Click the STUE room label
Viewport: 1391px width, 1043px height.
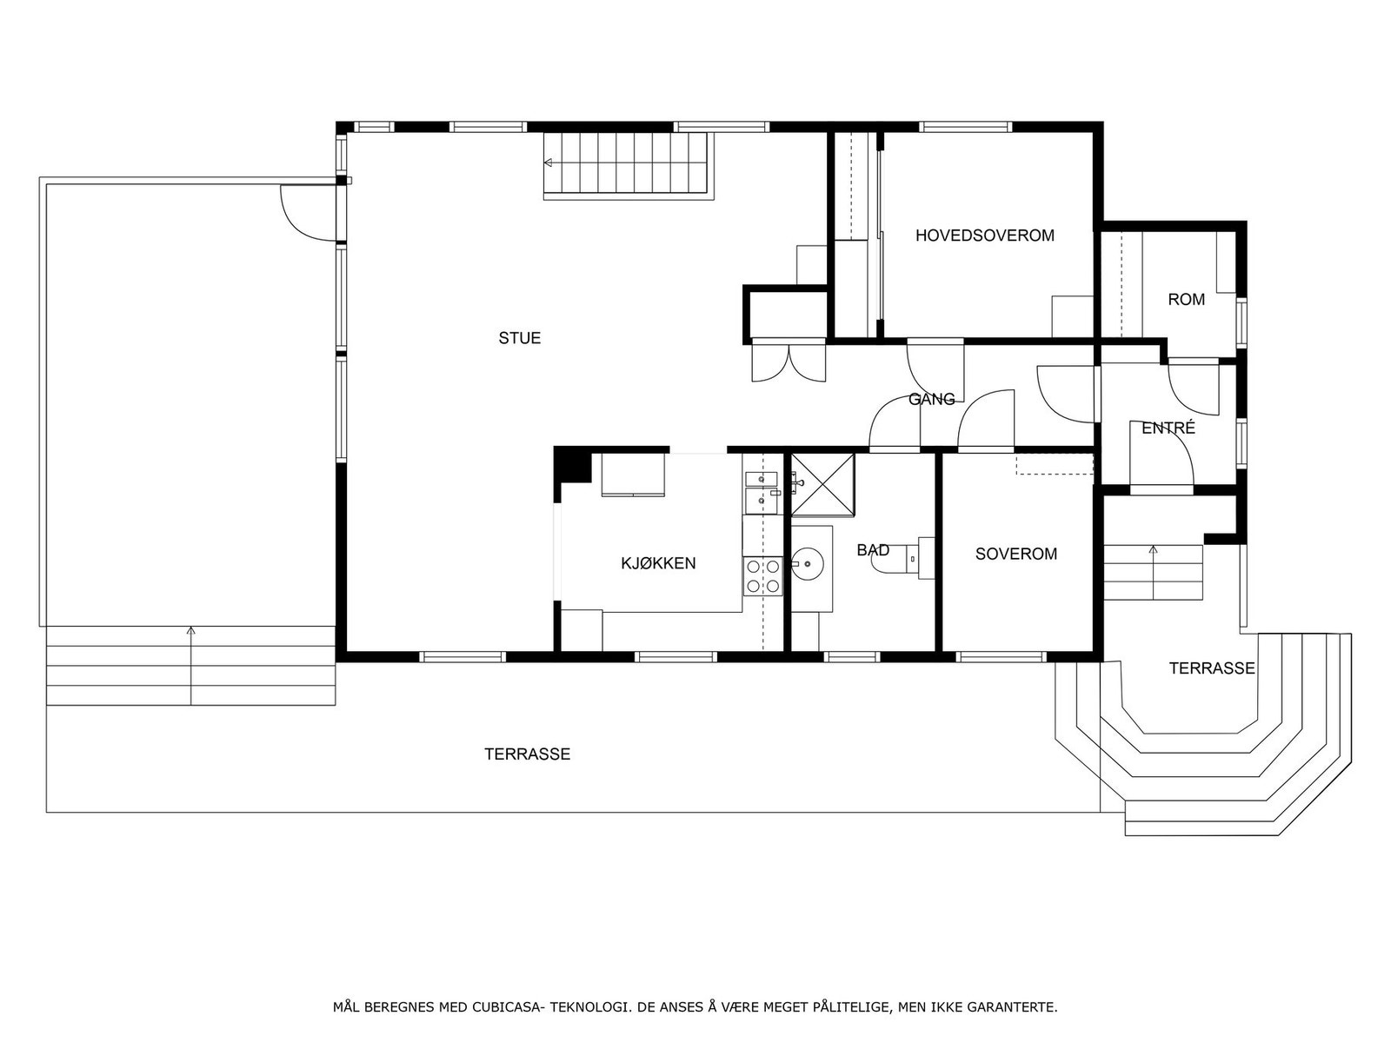[x=520, y=338]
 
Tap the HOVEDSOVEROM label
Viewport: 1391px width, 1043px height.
[x=984, y=236]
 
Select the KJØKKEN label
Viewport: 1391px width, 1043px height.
[x=658, y=563]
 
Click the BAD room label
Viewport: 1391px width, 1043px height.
[x=872, y=550]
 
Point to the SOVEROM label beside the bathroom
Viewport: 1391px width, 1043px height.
[x=1015, y=554]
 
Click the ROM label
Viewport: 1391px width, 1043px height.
[x=1186, y=300]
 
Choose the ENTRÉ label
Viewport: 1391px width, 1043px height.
[x=1168, y=428]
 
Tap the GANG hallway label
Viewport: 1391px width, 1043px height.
[x=931, y=400]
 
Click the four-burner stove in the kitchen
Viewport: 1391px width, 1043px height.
[x=762, y=576]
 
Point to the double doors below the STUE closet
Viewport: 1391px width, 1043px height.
[x=789, y=362]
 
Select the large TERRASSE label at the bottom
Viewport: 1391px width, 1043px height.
[x=527, y=754]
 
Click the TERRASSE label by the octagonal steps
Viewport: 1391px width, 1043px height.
[x=1211, y=668]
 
